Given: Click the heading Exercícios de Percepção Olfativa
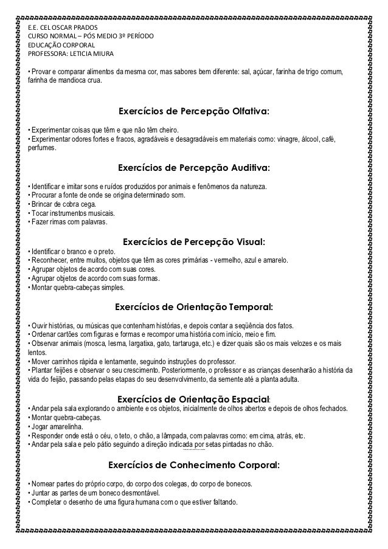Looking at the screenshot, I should pyautogui.click(x=193, y=112).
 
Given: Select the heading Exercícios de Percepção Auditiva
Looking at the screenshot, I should pyautogui.click(x=193, y=167).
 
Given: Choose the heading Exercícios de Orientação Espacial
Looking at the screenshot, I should pyautogui.click(x=193, y=399).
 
